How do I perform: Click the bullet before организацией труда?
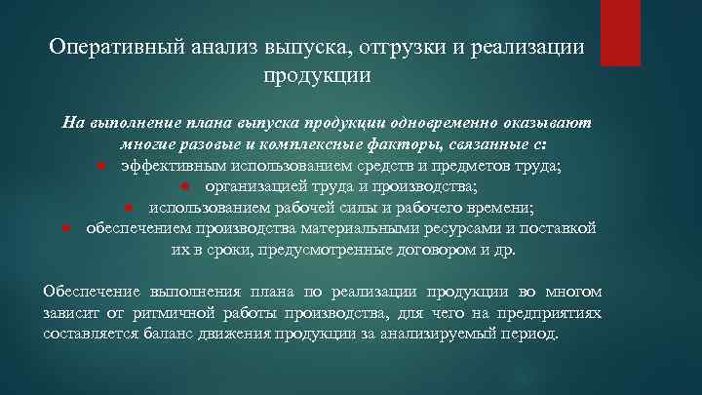point(183,187)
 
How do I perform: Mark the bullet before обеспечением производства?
point(64,229)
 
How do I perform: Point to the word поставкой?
point(553,229)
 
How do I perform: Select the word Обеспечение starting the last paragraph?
point(92,292)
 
